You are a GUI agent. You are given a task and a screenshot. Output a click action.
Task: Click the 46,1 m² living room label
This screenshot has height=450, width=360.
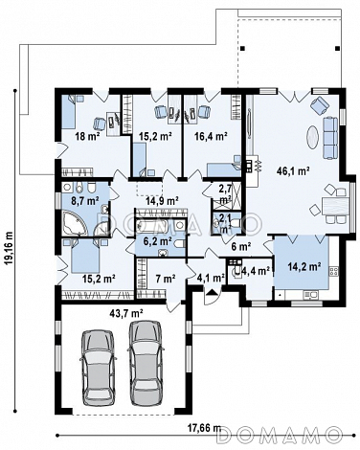pos(293,171)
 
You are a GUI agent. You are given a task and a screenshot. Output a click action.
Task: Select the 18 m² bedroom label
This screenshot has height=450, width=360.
pos(87,137)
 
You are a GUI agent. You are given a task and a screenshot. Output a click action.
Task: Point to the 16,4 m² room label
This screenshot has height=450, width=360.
pos(211,137)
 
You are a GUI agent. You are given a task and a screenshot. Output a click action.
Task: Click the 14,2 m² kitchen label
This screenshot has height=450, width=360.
pos(304,266)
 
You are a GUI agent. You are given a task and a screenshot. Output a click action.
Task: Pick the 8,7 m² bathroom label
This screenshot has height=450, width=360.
pos(84,201)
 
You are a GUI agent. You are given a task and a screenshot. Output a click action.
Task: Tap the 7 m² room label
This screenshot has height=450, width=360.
pos(166,279)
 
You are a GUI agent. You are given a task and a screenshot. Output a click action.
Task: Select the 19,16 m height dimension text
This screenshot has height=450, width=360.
pos(10,248)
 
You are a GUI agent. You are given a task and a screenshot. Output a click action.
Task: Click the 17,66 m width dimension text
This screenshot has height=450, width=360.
pos(204,427)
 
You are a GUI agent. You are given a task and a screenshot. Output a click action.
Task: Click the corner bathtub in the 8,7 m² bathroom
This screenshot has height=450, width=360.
pos(74,223)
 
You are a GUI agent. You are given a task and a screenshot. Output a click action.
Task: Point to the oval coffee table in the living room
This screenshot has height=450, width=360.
pos(313,137)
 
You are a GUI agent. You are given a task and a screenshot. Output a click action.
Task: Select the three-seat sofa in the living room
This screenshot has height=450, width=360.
pos(330,138)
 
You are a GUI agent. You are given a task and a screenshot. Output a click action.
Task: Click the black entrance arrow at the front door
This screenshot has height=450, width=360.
pos(211,292)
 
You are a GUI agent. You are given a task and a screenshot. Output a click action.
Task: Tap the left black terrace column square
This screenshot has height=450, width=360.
pos(242,49)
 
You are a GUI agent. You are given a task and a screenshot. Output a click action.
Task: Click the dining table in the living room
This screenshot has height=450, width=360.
pos(335,207)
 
